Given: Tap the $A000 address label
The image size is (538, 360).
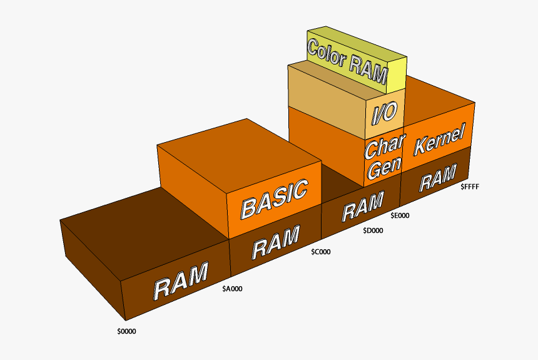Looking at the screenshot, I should tap(233, 289).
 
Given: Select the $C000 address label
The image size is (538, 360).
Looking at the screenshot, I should tap(321, 252).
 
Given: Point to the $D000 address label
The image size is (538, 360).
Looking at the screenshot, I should tap(373, 230).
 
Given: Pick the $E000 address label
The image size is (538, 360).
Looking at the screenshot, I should tap(400, 215).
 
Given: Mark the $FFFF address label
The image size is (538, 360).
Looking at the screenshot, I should tap(470, 186).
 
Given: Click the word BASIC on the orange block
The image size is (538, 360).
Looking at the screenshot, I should tap(275, 198).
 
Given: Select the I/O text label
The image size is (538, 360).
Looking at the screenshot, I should tap(383, 113).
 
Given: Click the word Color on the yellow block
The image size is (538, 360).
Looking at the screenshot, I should tap(330, 53).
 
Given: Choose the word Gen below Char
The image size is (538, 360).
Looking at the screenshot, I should tap(382, 168).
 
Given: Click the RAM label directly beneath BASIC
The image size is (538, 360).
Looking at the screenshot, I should tap(275, 242).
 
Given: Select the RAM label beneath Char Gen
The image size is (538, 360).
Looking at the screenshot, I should tap(363, 207).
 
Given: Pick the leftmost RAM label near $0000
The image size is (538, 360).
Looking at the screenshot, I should tap(181, 282).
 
